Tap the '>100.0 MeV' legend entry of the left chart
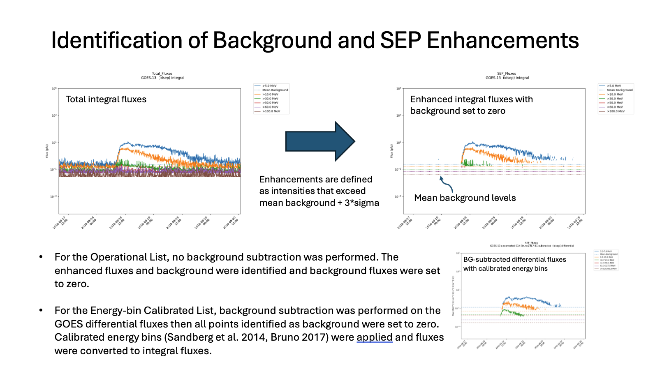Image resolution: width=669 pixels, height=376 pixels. [271, 111]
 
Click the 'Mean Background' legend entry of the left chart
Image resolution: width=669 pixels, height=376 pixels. [275, 90]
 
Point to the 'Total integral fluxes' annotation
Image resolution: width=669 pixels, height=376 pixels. [106, 99]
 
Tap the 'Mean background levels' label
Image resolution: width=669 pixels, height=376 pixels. [465, 198]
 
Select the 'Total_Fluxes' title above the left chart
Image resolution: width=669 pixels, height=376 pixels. [162, 74]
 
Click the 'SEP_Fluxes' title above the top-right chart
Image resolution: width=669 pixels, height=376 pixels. [507, 74]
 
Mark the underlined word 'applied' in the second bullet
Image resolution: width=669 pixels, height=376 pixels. [374, 337]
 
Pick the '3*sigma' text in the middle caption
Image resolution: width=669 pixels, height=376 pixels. [361, 203]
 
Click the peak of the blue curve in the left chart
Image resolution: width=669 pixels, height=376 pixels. [128, 143]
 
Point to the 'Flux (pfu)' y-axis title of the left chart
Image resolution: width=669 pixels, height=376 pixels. [47, 151]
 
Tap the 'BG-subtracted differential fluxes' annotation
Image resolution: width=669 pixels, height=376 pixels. [514, 260]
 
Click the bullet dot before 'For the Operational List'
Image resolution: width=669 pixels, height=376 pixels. [41, 257]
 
